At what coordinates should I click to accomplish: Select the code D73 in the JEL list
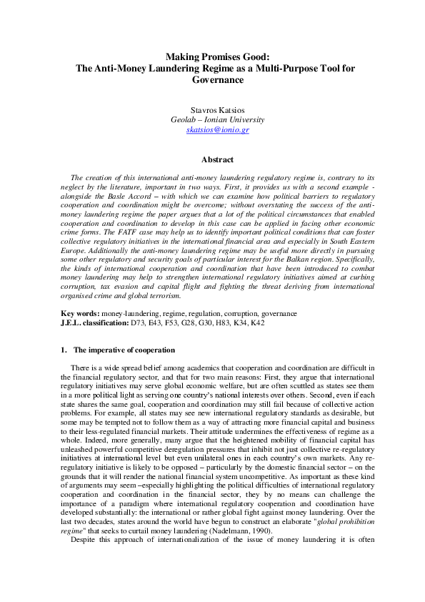pos(138,322)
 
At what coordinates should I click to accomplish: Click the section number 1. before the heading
pos(63,350)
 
